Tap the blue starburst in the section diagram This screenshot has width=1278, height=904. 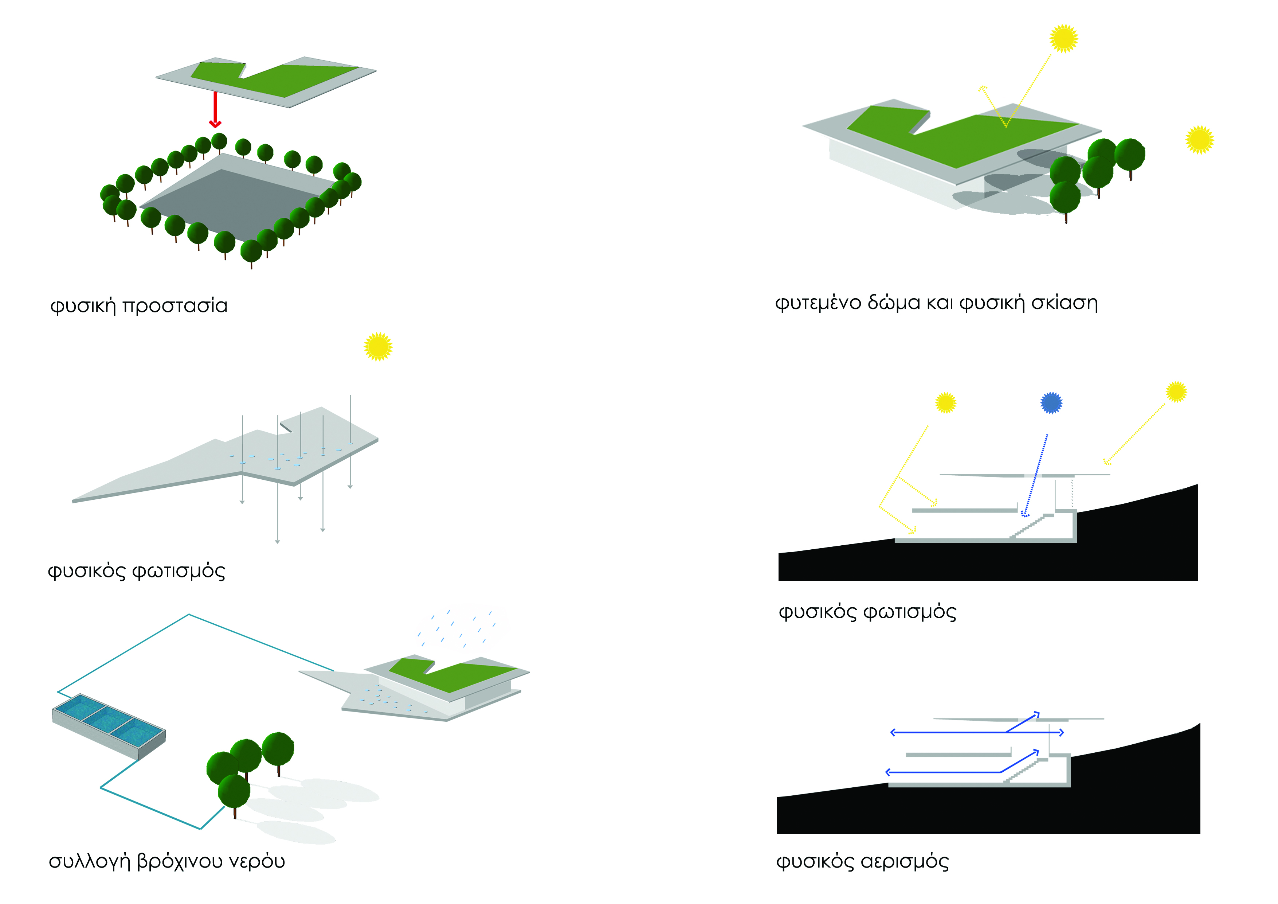point(1051,403)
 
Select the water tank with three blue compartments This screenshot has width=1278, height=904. point(109,726)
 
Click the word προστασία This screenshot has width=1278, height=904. point(175,306)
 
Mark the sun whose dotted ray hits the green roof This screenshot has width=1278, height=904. point(1064,38)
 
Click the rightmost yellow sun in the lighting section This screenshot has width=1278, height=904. point(1176,391)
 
